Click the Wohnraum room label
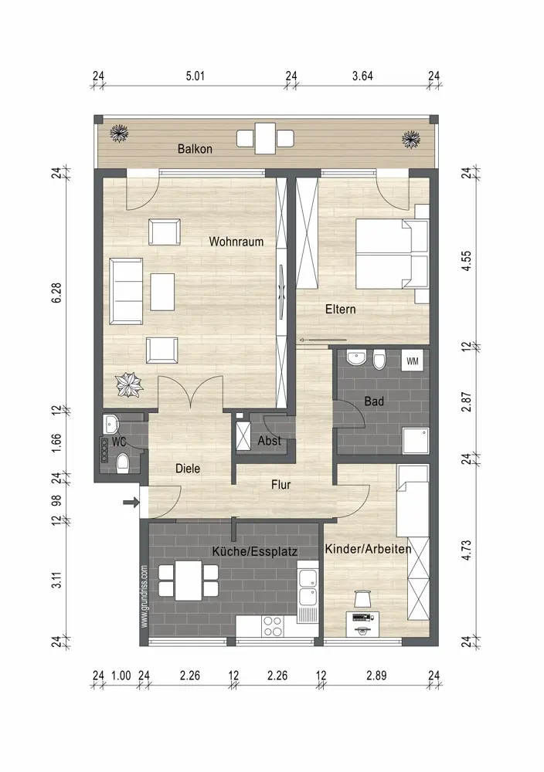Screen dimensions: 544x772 (x=236, y=242)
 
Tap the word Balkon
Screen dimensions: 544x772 (x=195, y=149)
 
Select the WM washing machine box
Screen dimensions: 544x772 (x=413, y=361)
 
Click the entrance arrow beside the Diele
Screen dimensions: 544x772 (x=131, y=503)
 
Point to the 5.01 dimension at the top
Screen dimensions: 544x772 (x=195, y=76)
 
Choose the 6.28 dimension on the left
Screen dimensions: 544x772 (x=56, y=293)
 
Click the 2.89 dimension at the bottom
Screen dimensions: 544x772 (x=376, y=675)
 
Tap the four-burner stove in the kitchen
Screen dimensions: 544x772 (x=273, y=626)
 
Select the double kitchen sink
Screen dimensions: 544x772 (x=308, y=589)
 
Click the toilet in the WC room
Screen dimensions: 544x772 (x=122, y=463)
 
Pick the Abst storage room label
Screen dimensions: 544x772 (x=270, y=441)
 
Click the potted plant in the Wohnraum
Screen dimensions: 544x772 (x=130, y=384)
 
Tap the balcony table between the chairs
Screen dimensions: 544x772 (x=265, y=138)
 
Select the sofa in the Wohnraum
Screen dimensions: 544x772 (x=126, y=291)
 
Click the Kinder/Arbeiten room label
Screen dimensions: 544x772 (x=368, y=549)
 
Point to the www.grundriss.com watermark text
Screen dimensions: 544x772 (x=144, y=596)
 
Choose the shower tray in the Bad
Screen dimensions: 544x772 (x=416, y=441)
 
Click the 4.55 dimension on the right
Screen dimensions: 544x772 (x=466, y=261)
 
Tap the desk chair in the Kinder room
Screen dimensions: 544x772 (x=362, y=599)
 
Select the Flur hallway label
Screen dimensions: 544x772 (x=280, y=485)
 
